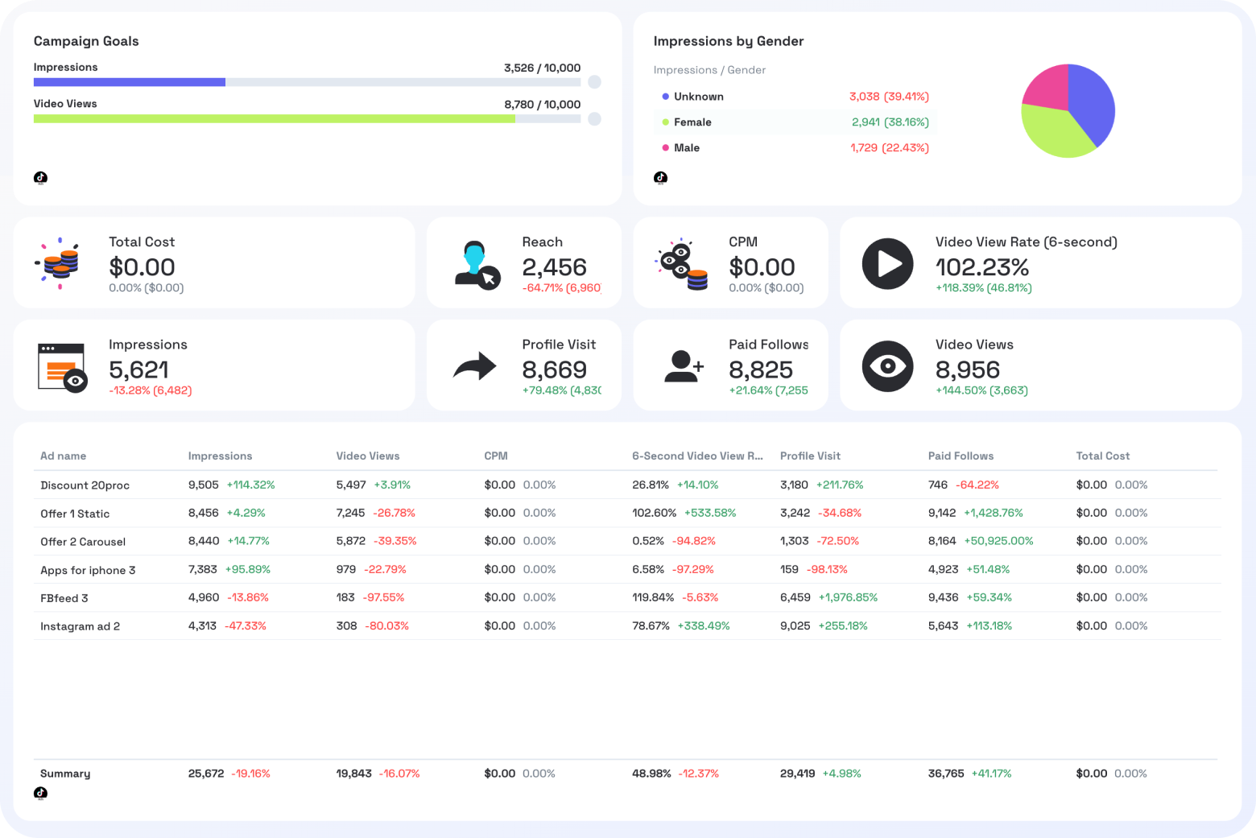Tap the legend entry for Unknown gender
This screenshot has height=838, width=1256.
(x=698, y=97)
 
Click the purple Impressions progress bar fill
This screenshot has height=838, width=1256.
(x=129, y=82)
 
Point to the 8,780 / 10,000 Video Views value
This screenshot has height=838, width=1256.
(x=542, y=105)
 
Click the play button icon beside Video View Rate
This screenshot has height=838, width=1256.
(x=887, y=263)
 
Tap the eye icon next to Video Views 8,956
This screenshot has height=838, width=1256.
(x=887, y=366)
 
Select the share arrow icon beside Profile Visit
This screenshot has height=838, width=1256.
(x=475, y=366)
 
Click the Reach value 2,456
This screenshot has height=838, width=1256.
(x=554, y=267)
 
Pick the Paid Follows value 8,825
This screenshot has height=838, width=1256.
(x=760, y=370)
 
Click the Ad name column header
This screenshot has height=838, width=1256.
(x=63, y=456)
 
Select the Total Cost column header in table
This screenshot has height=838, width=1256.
(x=1102, y=456)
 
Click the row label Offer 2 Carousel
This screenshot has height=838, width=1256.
(x=83, y=542)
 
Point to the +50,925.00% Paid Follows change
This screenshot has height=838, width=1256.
(x=998, y=541)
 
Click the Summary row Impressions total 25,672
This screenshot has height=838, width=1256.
(x=205, y=774)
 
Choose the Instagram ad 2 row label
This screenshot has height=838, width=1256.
(x=80, y=626)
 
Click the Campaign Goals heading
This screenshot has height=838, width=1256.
(x=86, y=41)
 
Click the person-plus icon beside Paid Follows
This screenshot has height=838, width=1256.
(x=684, y=366)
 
